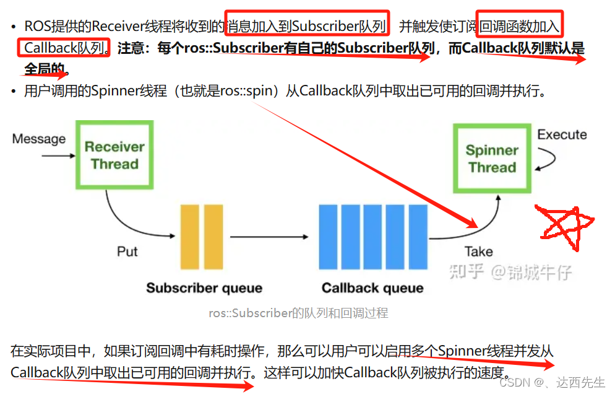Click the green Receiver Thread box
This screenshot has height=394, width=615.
tap(114, 155)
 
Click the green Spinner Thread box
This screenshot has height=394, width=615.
tap(492, 159)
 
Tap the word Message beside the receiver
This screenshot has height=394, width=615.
tap(38, 139)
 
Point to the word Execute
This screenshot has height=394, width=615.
tap(562, 134)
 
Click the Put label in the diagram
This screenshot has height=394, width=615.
tap(127, 252)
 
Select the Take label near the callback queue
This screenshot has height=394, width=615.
tap(479, 252)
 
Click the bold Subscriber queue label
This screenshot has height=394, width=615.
tap(204, 288)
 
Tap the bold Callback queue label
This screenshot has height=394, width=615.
tap(372, 288)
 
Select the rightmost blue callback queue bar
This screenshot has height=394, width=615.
tap(419, 237)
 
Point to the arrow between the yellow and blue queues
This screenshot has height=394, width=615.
tap(269, 237)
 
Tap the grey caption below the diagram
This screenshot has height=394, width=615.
tap(298, 313)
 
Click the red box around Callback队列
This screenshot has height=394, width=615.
tap(64, 47)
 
